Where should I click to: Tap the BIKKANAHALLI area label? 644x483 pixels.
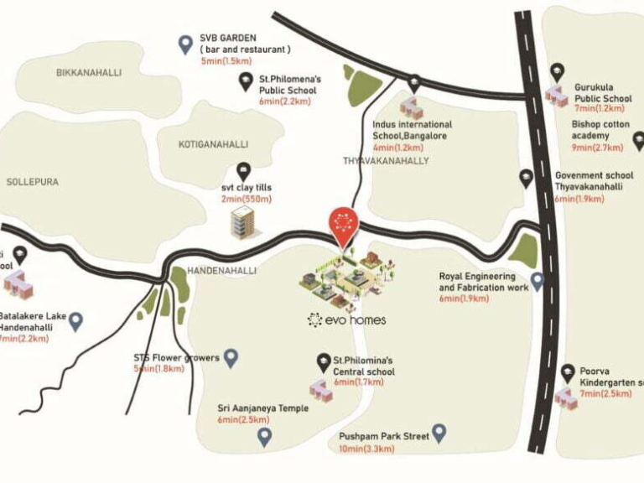(89, 73)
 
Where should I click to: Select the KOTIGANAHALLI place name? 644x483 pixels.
(213, 144)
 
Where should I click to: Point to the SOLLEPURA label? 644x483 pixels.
(29, 181)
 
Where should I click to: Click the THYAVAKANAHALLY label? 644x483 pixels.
(386, 160)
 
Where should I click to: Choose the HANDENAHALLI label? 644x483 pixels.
(221, 271)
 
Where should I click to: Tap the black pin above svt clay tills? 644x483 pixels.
(244, 170)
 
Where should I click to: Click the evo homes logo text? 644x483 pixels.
(347, 319)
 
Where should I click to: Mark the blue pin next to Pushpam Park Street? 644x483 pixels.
(439, 434)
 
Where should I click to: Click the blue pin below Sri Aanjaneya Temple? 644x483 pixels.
(264, 436)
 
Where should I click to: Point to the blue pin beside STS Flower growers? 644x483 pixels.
(231, 358)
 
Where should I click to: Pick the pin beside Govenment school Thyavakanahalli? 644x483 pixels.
(527, 178)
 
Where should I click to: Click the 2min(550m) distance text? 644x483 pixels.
(247, 199)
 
